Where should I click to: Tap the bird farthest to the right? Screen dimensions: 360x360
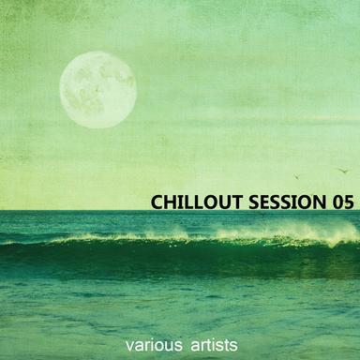tap(342, 170)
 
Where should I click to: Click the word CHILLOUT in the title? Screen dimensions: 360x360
tap(196, 202)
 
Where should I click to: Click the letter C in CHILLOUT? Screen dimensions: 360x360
tap(157, 202)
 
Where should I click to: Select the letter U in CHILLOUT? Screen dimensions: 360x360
tap(220, 202)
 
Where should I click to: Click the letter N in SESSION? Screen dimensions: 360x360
tap(316, 202)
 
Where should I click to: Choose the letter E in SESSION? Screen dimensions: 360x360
tap(262, 202)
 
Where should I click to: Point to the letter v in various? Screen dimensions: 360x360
tap(143, 346)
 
